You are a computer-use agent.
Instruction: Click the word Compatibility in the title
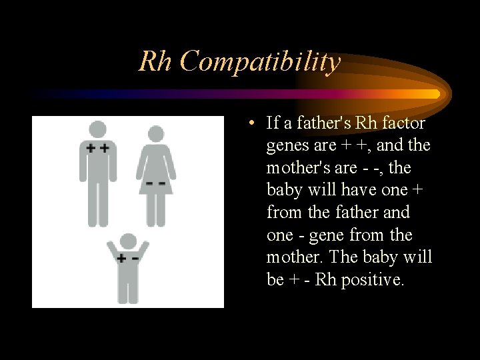(x=260, y=62)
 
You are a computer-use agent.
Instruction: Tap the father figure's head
(x=98, y=129)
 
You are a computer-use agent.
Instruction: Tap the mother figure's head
(x=155, y=134)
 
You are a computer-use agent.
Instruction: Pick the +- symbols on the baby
(x=128, y=258)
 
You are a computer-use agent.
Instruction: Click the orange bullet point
(x=249, y=123)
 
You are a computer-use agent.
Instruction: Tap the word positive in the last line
(x=372, y=280)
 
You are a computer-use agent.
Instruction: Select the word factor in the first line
(x=404, y=123)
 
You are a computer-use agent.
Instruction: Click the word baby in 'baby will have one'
(x=284, y=190)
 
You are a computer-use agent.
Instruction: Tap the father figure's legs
(x=98, y=203)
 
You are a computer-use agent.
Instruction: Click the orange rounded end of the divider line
(x=435, y=94)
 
